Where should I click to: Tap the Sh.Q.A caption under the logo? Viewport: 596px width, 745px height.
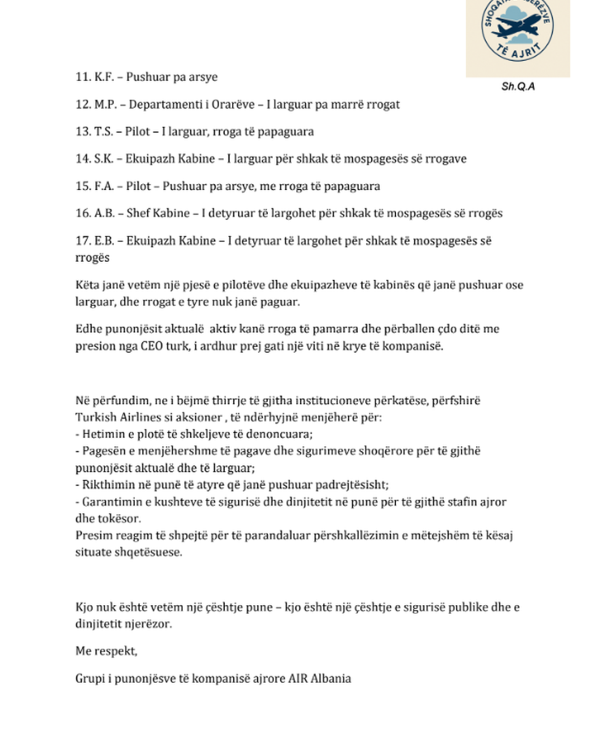tap(518, 87)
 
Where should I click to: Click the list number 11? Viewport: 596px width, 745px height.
tap(83, 77)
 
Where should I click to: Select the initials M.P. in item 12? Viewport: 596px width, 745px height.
tap(105, 105)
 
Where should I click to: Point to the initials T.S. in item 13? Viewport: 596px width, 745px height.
tap(103, 132)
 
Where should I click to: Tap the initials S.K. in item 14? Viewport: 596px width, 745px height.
tap(104, 159)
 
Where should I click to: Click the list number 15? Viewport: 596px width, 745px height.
tap(83, 186)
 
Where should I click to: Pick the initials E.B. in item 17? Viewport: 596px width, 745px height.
tap(104, 241)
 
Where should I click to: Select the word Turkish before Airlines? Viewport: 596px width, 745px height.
tap(96, 417)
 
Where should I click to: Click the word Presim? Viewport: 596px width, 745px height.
tap(92, 535)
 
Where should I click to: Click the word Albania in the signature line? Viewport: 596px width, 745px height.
tap(331, 679)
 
